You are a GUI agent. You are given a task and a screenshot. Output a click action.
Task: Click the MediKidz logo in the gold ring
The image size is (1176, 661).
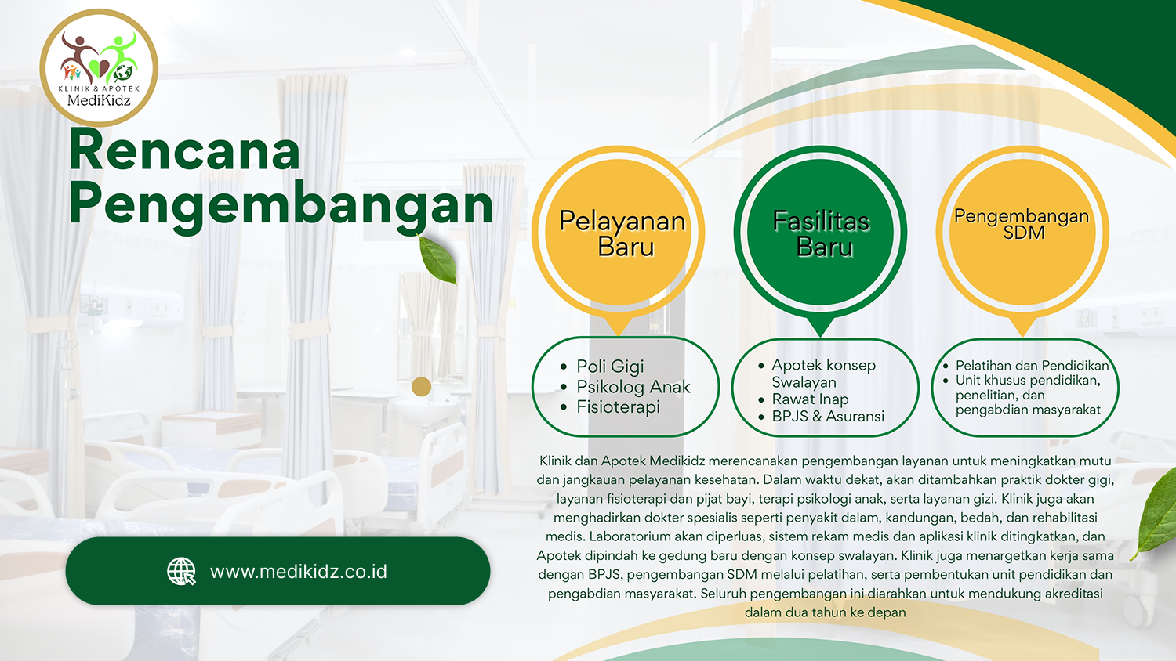(x=99, y=67)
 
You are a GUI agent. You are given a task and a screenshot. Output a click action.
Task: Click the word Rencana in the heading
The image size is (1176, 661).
(x=184, y=150)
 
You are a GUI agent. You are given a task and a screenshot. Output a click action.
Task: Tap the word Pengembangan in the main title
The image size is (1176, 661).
(x=281, y=205)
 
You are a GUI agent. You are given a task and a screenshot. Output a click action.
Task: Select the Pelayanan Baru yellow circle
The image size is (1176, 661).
(x=618, y=233)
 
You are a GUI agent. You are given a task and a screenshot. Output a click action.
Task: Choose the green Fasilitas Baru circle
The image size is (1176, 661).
(x=820, y=233)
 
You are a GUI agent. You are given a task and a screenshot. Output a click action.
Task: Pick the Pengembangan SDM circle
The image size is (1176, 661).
(x=1022, y=233)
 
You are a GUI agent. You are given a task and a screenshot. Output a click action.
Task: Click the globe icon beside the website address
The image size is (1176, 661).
(x=181, y=571)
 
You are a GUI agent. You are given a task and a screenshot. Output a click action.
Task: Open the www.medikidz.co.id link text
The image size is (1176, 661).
(x=298, y=571)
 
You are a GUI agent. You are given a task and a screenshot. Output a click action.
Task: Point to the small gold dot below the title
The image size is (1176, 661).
(x=421, y=387)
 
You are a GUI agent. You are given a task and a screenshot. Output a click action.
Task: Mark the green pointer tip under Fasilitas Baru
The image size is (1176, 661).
(x=820, y=336)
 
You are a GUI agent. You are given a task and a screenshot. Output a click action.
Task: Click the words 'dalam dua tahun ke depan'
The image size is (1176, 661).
(x=825, y=612)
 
